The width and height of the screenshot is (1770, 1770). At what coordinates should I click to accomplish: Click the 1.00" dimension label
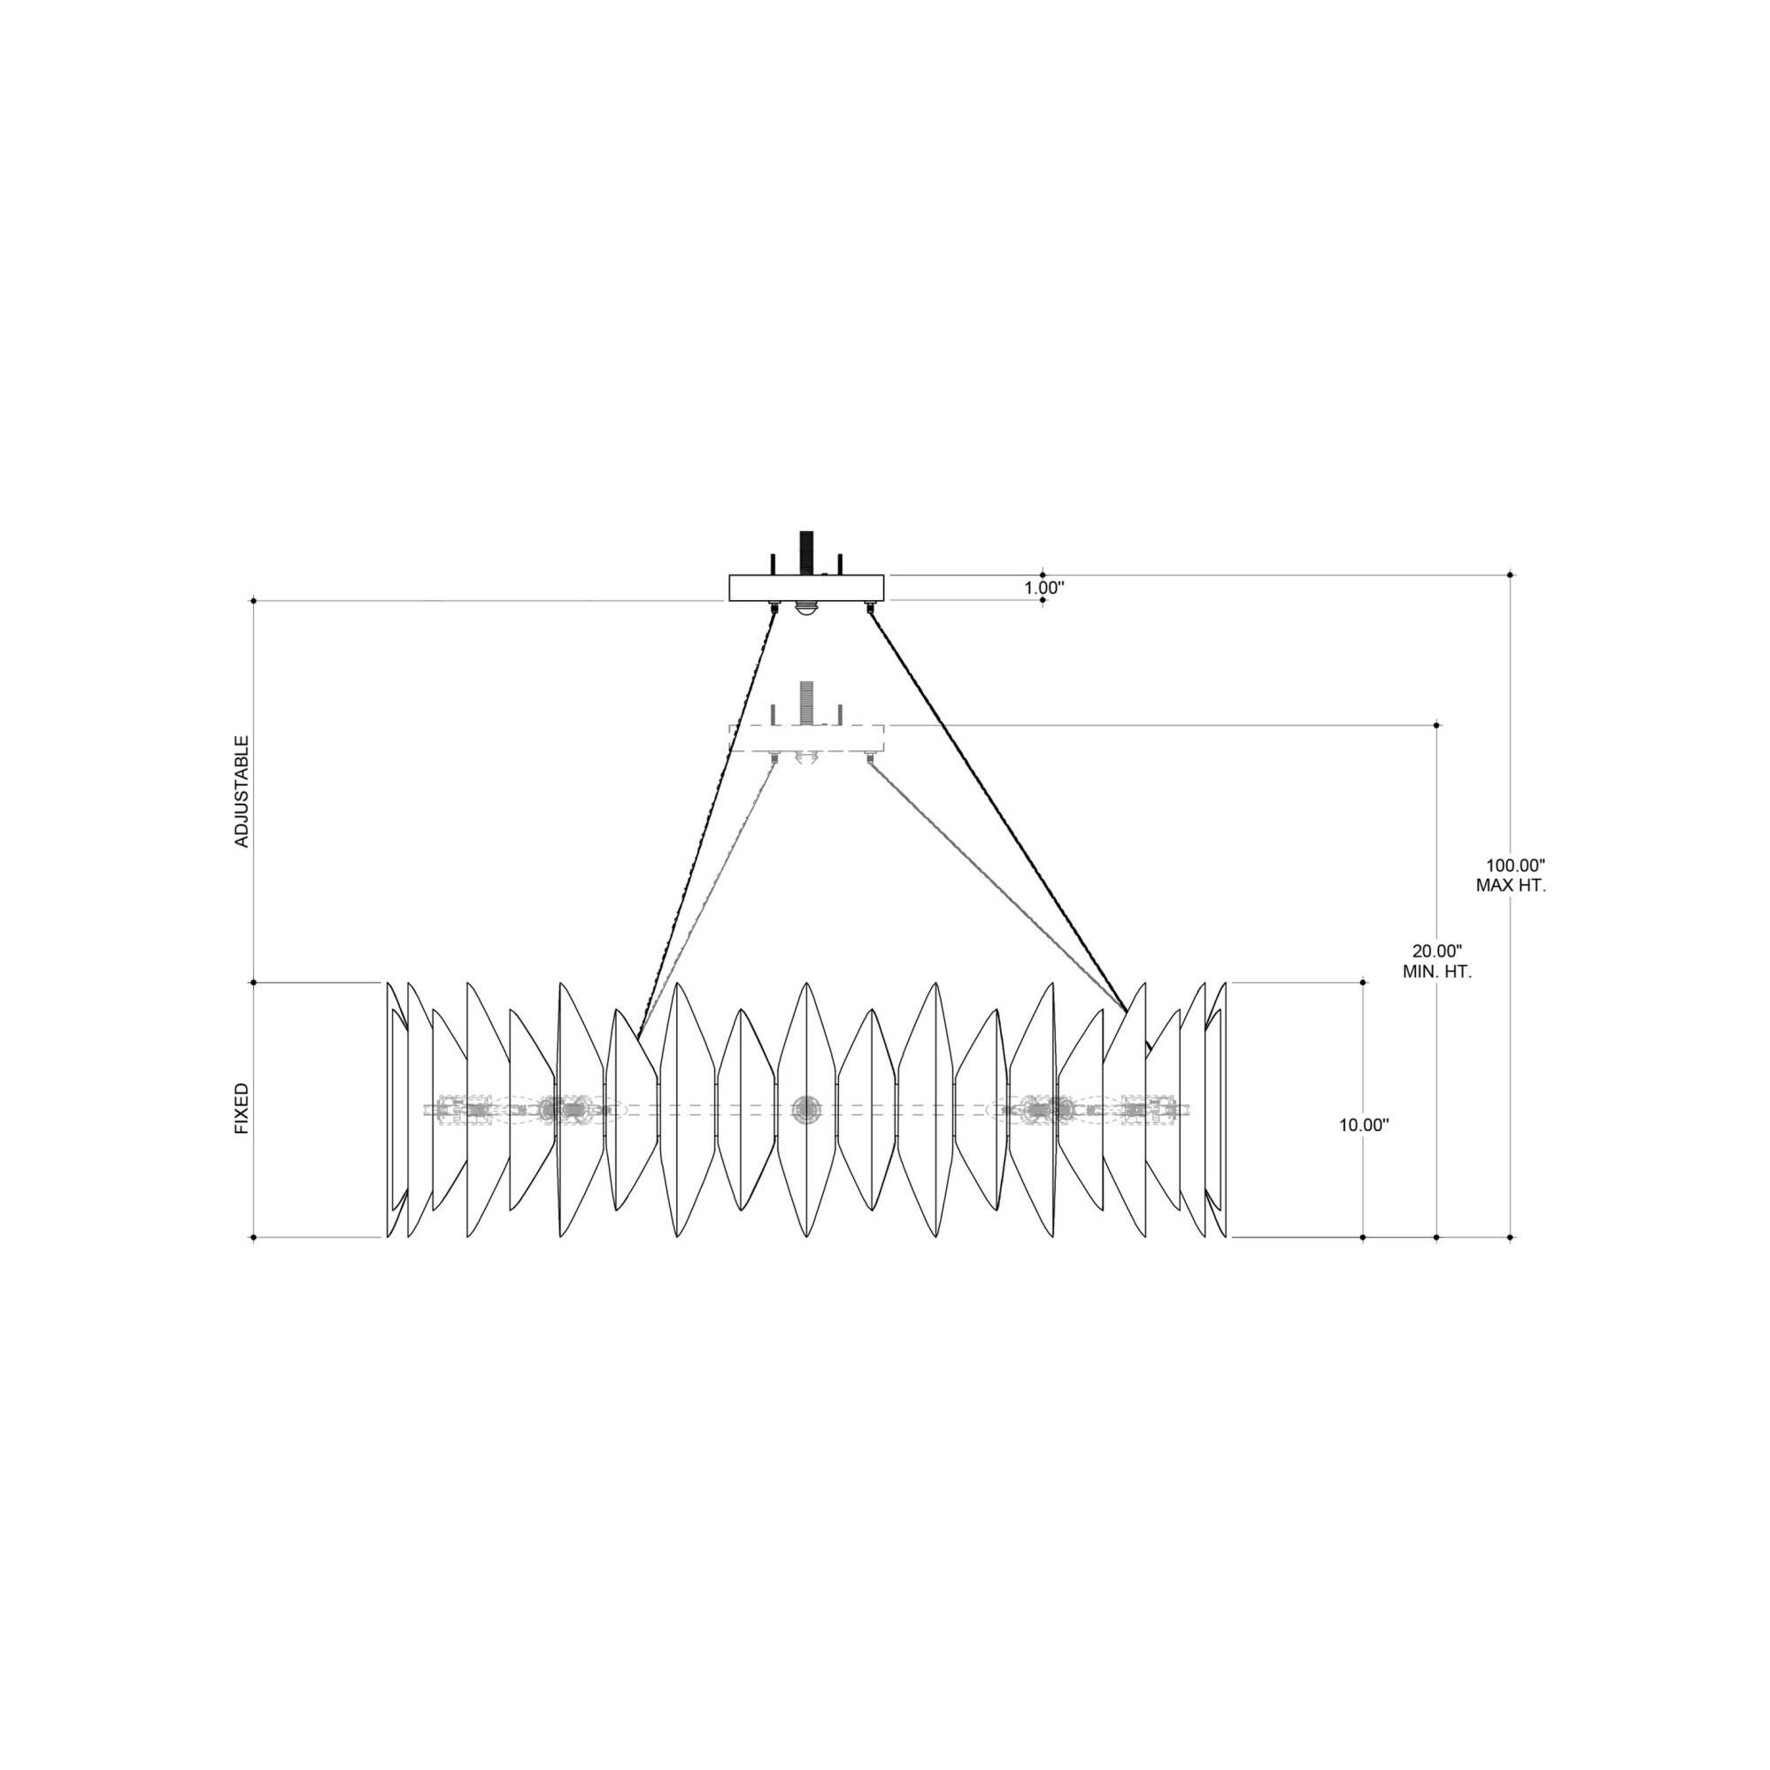[x=1043, y=588]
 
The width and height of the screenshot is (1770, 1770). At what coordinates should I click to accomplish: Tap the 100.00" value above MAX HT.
[x=1515, y=865]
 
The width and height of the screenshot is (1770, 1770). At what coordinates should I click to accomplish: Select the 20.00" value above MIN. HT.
[x=1436, y=951]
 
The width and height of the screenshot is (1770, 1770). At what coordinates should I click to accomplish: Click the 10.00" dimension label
[x=1364, y=1125]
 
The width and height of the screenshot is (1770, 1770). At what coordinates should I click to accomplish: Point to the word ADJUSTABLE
[x=242, y=790]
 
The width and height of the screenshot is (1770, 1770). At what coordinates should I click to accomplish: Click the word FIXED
[x=242, y=1109]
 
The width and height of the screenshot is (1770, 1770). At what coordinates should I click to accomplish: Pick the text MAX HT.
[x=1511, y=886]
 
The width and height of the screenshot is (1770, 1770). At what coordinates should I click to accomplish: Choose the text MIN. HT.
[x=1436, y=972]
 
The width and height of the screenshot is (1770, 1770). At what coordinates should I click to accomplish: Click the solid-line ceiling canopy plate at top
[x=806, y=588]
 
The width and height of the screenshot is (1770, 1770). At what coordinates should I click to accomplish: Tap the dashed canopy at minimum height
[x=806, y=737]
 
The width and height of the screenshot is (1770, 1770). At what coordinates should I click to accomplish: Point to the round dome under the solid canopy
[x=806, y=609]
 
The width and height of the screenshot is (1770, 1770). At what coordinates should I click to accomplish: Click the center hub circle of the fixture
[x=806, y=1109]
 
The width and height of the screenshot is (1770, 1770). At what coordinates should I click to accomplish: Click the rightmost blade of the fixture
[x=1220, y=1111]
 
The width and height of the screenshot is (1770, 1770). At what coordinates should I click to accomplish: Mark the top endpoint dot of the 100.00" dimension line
[x=1511, y=574]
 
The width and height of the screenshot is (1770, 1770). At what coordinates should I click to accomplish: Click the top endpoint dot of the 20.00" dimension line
[x=1436, y=725]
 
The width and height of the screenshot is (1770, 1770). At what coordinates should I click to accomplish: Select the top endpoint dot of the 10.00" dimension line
[x=1363, y=983]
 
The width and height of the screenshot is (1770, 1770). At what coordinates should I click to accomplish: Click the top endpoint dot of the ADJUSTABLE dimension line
[x=254, y=601]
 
